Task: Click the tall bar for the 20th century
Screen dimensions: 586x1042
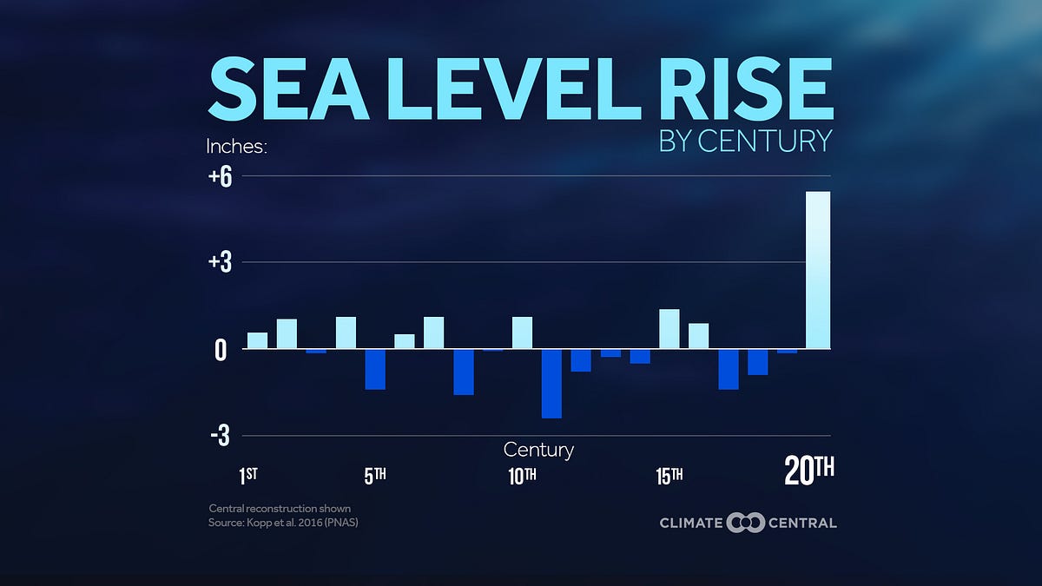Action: [818, 270]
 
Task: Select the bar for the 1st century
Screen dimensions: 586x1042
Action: [258, 340]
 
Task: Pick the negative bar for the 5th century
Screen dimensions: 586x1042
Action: [375, 369]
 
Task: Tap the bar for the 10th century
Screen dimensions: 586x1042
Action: [522, 333]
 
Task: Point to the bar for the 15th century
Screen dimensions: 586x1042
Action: [669, 329]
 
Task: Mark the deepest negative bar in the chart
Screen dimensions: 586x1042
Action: [551, 383]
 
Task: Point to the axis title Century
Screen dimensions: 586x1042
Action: [538, 450]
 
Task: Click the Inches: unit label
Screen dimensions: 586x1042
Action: [235, 146]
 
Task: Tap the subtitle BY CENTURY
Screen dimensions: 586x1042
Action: [745, 141]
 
